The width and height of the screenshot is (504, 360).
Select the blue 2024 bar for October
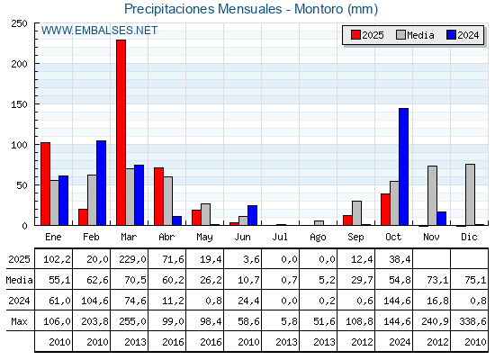pos(403,166)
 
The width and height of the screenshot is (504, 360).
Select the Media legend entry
pos(413,35)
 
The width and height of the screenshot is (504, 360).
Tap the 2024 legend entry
pos(462,35)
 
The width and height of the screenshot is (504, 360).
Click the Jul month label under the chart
pos(281,236)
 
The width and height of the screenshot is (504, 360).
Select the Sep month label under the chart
pos(356,236)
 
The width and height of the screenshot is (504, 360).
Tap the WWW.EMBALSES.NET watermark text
pos(99,31)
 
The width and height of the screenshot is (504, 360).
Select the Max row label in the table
pos(18,321)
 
